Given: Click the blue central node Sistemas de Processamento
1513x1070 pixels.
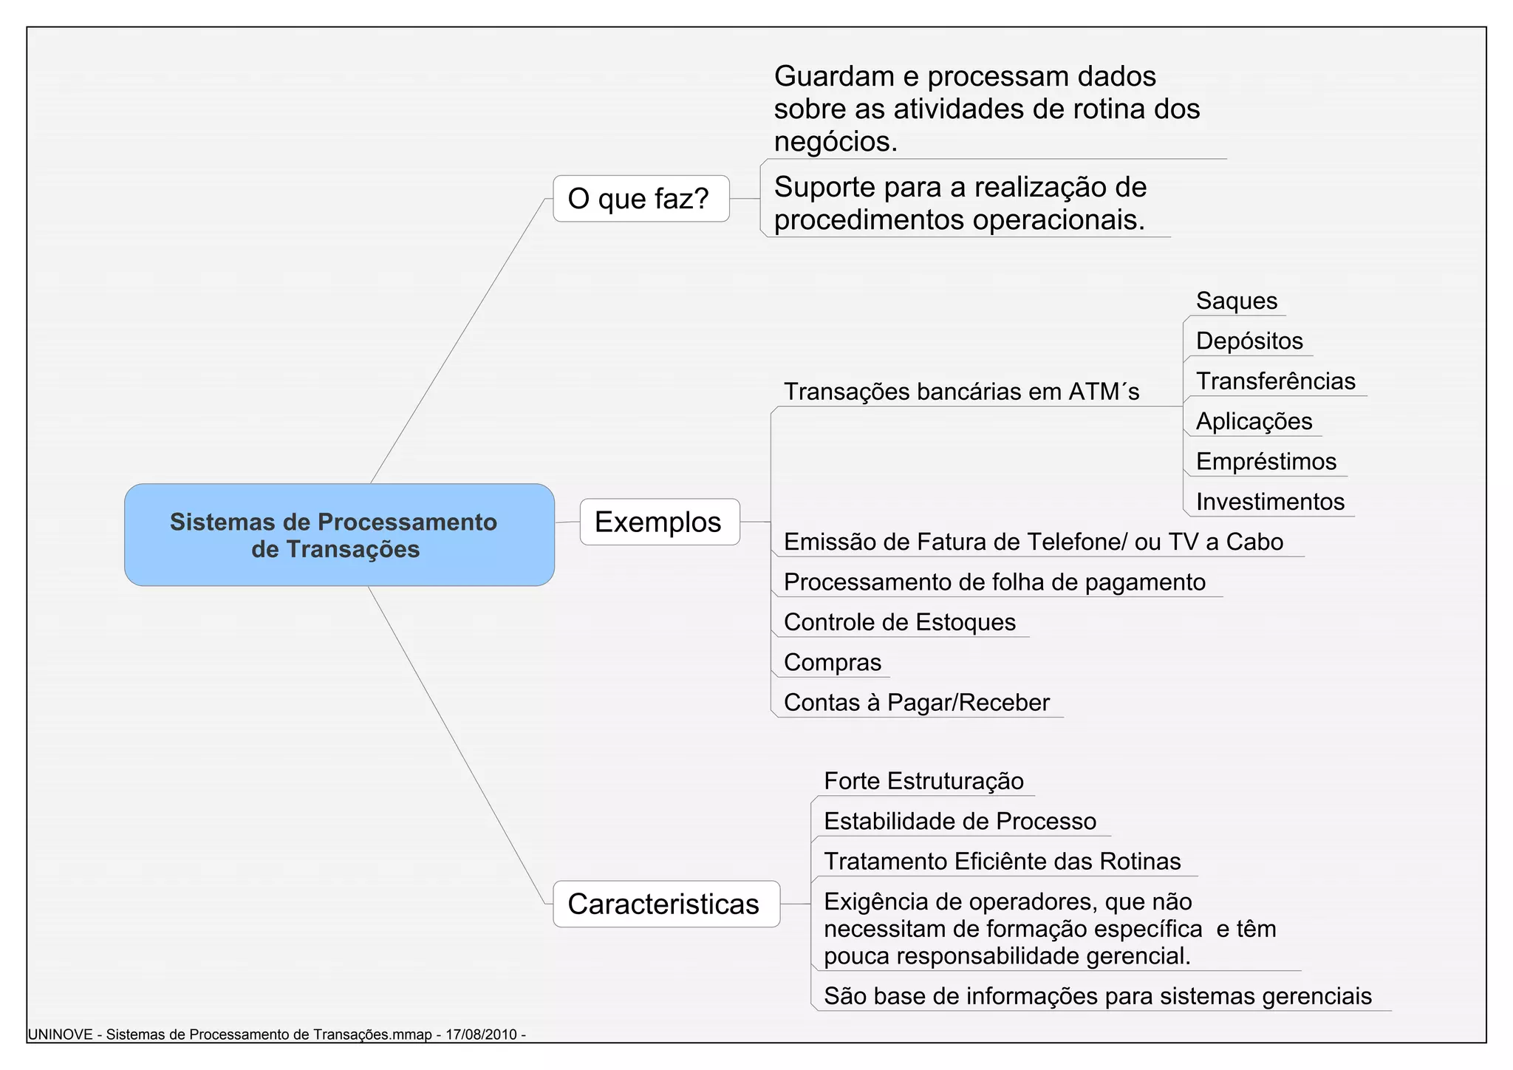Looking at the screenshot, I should [x=339, y=535].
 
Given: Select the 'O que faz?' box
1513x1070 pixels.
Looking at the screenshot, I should [x=641, y=199].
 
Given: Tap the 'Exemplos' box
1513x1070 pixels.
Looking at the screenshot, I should [x=659, y=522].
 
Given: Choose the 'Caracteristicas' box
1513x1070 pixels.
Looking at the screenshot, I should [x=666, y=904].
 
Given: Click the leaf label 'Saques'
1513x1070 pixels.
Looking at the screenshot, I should [x=1236, y=301].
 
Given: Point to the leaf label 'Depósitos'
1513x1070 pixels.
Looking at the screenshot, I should [x=1249, y=341].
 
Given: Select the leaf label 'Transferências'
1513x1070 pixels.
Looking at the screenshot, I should [x=1275, y=381].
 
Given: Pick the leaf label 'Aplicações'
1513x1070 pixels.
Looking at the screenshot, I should [x=1254, y=421].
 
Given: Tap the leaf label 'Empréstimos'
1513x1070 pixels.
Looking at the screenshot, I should [x=1266, y=462].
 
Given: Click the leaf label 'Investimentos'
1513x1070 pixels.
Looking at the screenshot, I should [x=1270, y=502].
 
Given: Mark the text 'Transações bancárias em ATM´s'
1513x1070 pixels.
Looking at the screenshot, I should [x=961, y=392].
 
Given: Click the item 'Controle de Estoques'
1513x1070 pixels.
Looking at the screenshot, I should [x=899, y=622].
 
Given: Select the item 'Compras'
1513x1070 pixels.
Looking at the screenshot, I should [x=832, y=662].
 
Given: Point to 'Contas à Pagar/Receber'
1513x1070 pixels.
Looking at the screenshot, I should [x=916, y=703].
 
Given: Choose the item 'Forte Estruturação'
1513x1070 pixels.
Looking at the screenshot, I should [x=923, y=781].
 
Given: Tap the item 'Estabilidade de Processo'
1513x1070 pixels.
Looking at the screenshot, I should [x=960, y=822].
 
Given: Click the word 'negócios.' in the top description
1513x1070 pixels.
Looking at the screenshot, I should [x=836, y=142].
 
